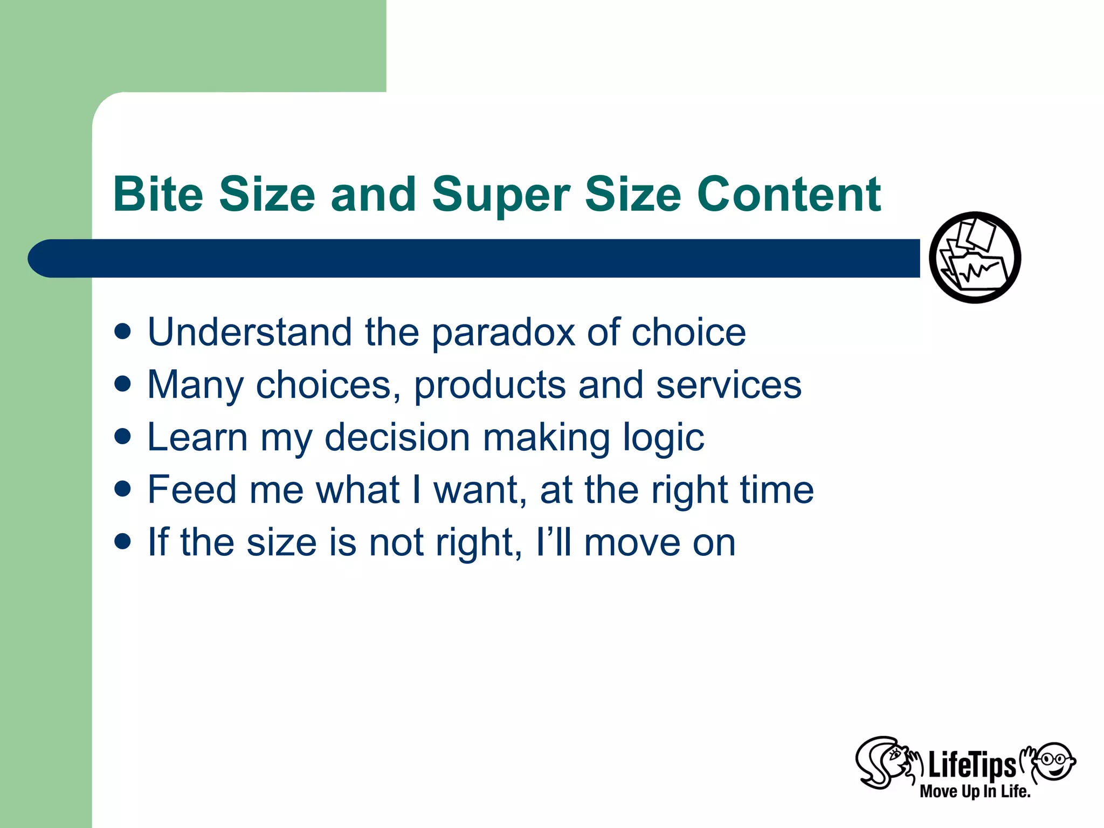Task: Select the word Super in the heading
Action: tap(501, 195)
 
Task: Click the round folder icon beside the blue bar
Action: tap(975, 258)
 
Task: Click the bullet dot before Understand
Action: tap(123, 332)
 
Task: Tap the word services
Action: tap(729, 385)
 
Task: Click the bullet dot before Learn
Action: tap(123, 436)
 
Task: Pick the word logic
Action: tap(663, 438)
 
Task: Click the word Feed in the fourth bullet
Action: tap(192, 489)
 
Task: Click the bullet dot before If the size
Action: tap(123, 541)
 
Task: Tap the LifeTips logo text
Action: tap(971, 764)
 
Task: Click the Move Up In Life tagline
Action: tap(975, 791)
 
